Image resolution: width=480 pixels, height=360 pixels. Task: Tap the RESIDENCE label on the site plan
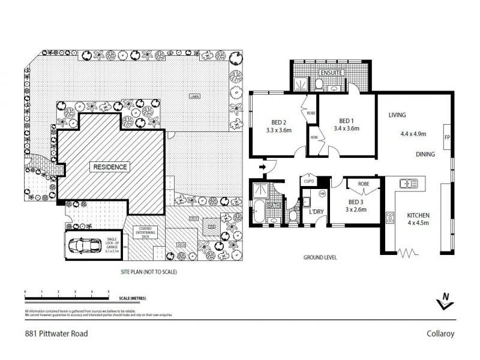109,167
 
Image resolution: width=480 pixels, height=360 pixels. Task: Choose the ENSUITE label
331,73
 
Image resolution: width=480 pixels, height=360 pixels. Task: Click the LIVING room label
398,115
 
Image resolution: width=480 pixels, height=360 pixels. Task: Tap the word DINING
425,155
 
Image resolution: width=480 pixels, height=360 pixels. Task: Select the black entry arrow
262,166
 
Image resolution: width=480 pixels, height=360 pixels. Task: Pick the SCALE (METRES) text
133,298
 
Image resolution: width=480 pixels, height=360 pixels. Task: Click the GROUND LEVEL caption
319,257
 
